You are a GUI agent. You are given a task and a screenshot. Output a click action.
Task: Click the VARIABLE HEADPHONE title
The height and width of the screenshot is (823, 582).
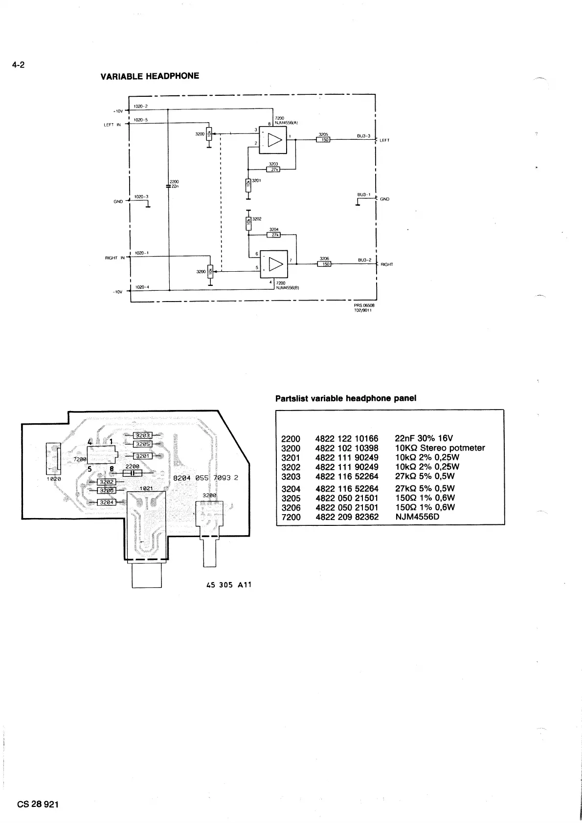tap(150, 76)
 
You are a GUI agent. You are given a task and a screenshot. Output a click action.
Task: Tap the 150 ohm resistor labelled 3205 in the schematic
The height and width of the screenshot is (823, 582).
tap(323, 140)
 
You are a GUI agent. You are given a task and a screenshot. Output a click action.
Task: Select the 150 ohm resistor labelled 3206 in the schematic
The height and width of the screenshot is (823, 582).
tap(324, 264)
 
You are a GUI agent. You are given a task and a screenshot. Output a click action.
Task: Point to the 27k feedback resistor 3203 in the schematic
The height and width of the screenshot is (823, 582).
tap(273, 170)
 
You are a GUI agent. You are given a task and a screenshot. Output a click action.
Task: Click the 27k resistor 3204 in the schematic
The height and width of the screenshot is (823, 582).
tap(274, 235)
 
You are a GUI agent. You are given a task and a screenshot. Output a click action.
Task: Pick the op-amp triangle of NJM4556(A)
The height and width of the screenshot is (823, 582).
tap(276, 140)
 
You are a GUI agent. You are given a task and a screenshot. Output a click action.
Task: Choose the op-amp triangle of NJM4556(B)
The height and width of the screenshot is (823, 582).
tap(276, 264)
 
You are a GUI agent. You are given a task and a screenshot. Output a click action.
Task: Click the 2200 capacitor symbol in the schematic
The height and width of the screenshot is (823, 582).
tap(168, 186)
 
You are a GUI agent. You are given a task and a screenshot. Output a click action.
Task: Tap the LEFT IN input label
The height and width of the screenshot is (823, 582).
tap(112, 125)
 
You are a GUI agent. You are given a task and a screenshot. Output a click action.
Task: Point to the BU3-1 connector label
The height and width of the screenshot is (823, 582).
tap(363, 195)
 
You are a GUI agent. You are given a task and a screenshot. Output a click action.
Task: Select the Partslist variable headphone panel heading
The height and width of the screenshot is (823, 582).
tap(346, 398)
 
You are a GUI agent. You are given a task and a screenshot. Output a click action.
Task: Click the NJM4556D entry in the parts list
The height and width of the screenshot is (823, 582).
tap(417, 517)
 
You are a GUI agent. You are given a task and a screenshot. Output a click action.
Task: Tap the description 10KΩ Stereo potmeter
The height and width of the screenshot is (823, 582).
tap(440, 448)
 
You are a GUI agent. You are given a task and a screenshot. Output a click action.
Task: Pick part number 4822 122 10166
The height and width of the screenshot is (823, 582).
tap(347, 438)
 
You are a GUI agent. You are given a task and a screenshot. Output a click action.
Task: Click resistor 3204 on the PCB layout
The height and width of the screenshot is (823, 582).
tap(107, 502)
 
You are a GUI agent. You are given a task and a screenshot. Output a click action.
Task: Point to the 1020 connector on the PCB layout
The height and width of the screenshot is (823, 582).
tap(53, 458)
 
